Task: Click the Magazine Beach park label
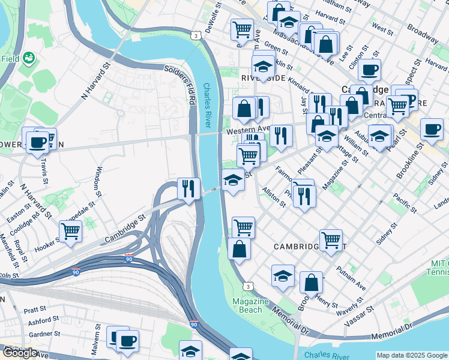coord(247,305)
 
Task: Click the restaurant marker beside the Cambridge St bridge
coord(188,188)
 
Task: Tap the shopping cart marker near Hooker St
coord(71,231)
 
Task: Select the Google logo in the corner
coord(19,353)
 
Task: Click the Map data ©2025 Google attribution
coord(411,355)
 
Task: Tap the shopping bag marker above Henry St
coord(311,282)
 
